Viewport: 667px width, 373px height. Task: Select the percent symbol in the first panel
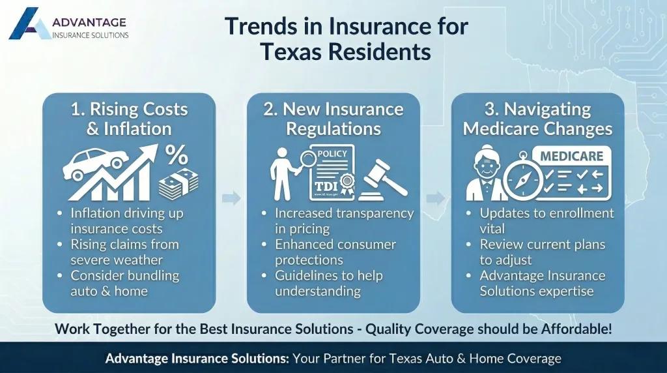tap(175, 155)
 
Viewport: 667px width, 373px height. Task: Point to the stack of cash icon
tap(178, 184)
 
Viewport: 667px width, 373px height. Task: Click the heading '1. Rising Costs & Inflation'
tap(129, 118)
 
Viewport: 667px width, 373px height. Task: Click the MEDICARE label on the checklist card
tap(571, 157)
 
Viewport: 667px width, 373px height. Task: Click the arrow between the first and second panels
tap(231, 198)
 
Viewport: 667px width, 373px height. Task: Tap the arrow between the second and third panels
tap(436, 198)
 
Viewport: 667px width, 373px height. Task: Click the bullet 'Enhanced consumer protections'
tap(335, 252)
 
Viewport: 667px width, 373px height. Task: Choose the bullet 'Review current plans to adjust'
tap(543, 252)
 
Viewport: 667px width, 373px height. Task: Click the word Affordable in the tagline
tap(576, 329)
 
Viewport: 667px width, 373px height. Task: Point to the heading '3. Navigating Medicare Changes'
tap(537, 118)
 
